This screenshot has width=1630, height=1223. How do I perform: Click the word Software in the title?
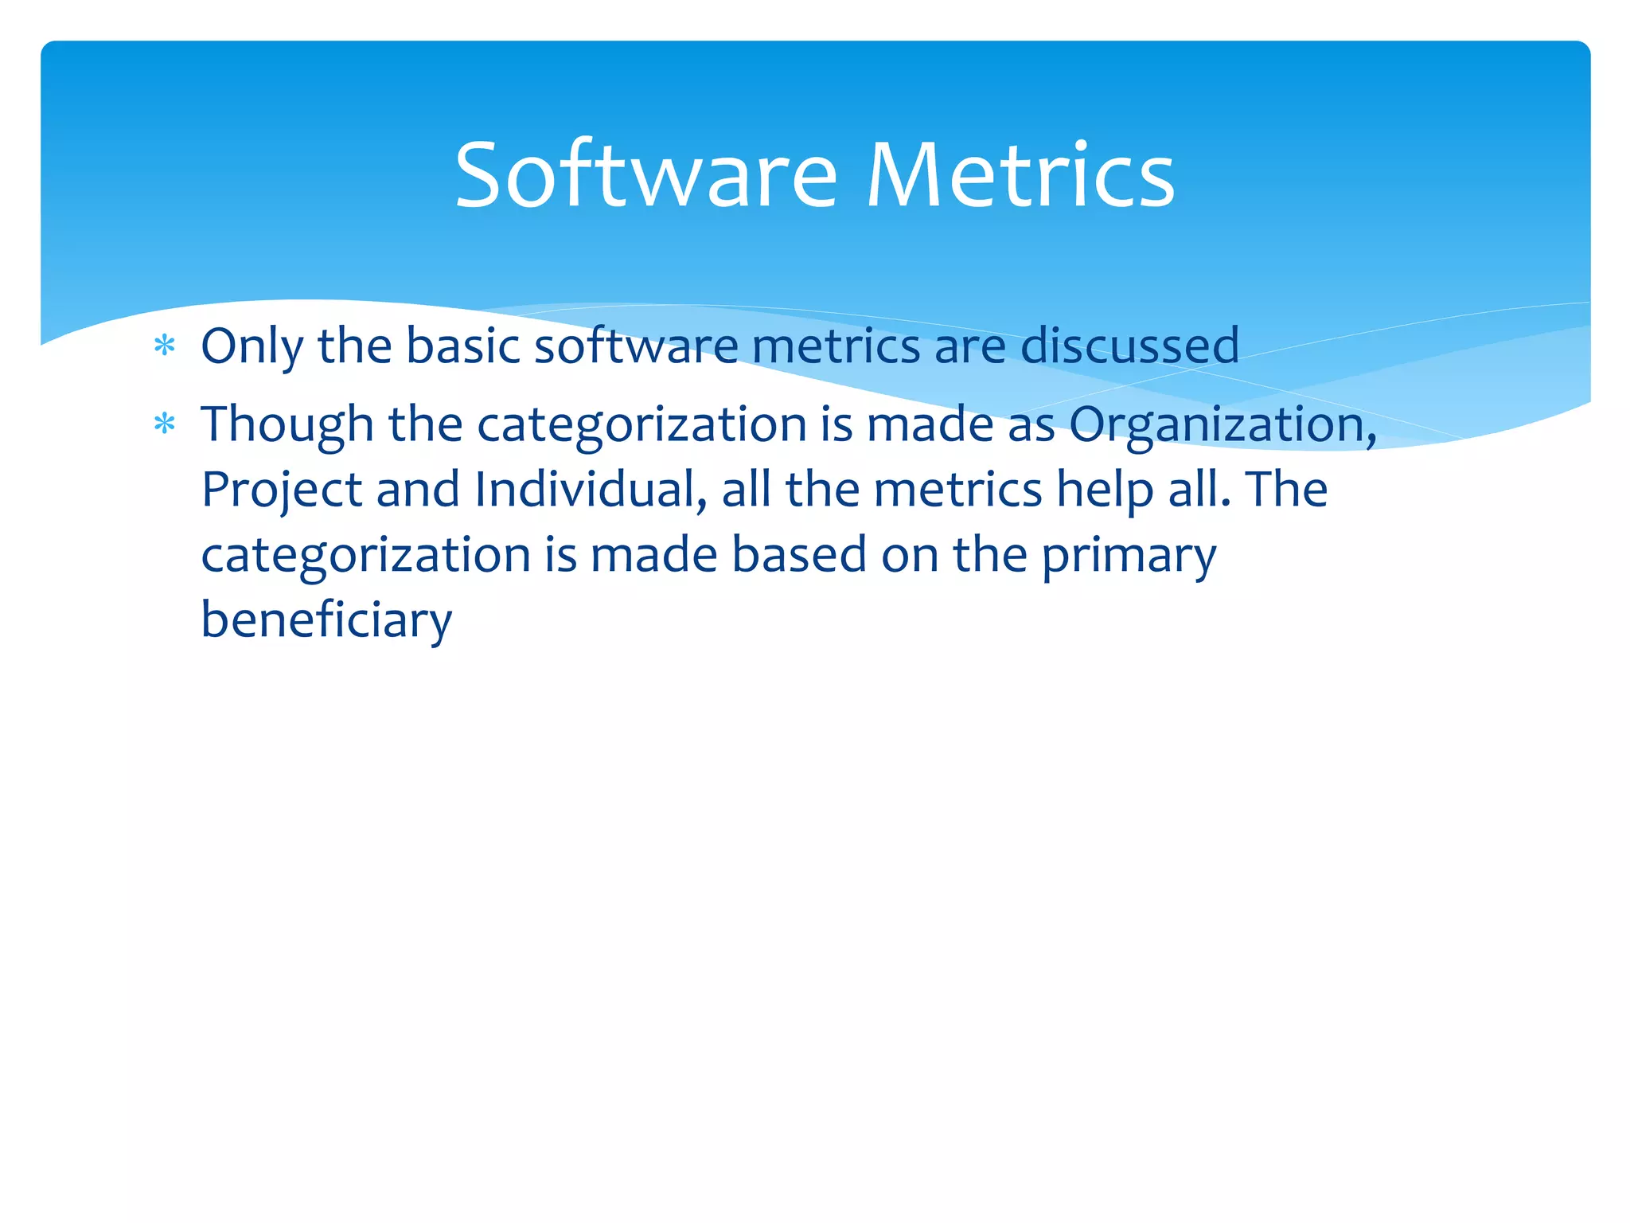coord(645,174)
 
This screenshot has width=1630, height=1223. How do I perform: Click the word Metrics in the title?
coord(1020,174)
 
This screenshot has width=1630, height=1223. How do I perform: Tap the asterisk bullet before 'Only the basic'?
coord(165,346)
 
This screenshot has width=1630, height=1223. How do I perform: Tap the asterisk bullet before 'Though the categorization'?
coord(165,424)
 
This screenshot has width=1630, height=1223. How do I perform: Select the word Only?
coord(252,346)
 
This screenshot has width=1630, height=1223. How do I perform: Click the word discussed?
coord(1129,346)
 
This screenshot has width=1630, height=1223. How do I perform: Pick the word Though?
coord(287,424)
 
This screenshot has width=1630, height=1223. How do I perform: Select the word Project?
coord(281,490)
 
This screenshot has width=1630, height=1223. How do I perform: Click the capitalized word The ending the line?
coord(1287,490)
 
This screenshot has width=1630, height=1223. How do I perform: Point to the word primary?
coord(1129,555)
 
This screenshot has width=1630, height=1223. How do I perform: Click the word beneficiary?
coord(326,620)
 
